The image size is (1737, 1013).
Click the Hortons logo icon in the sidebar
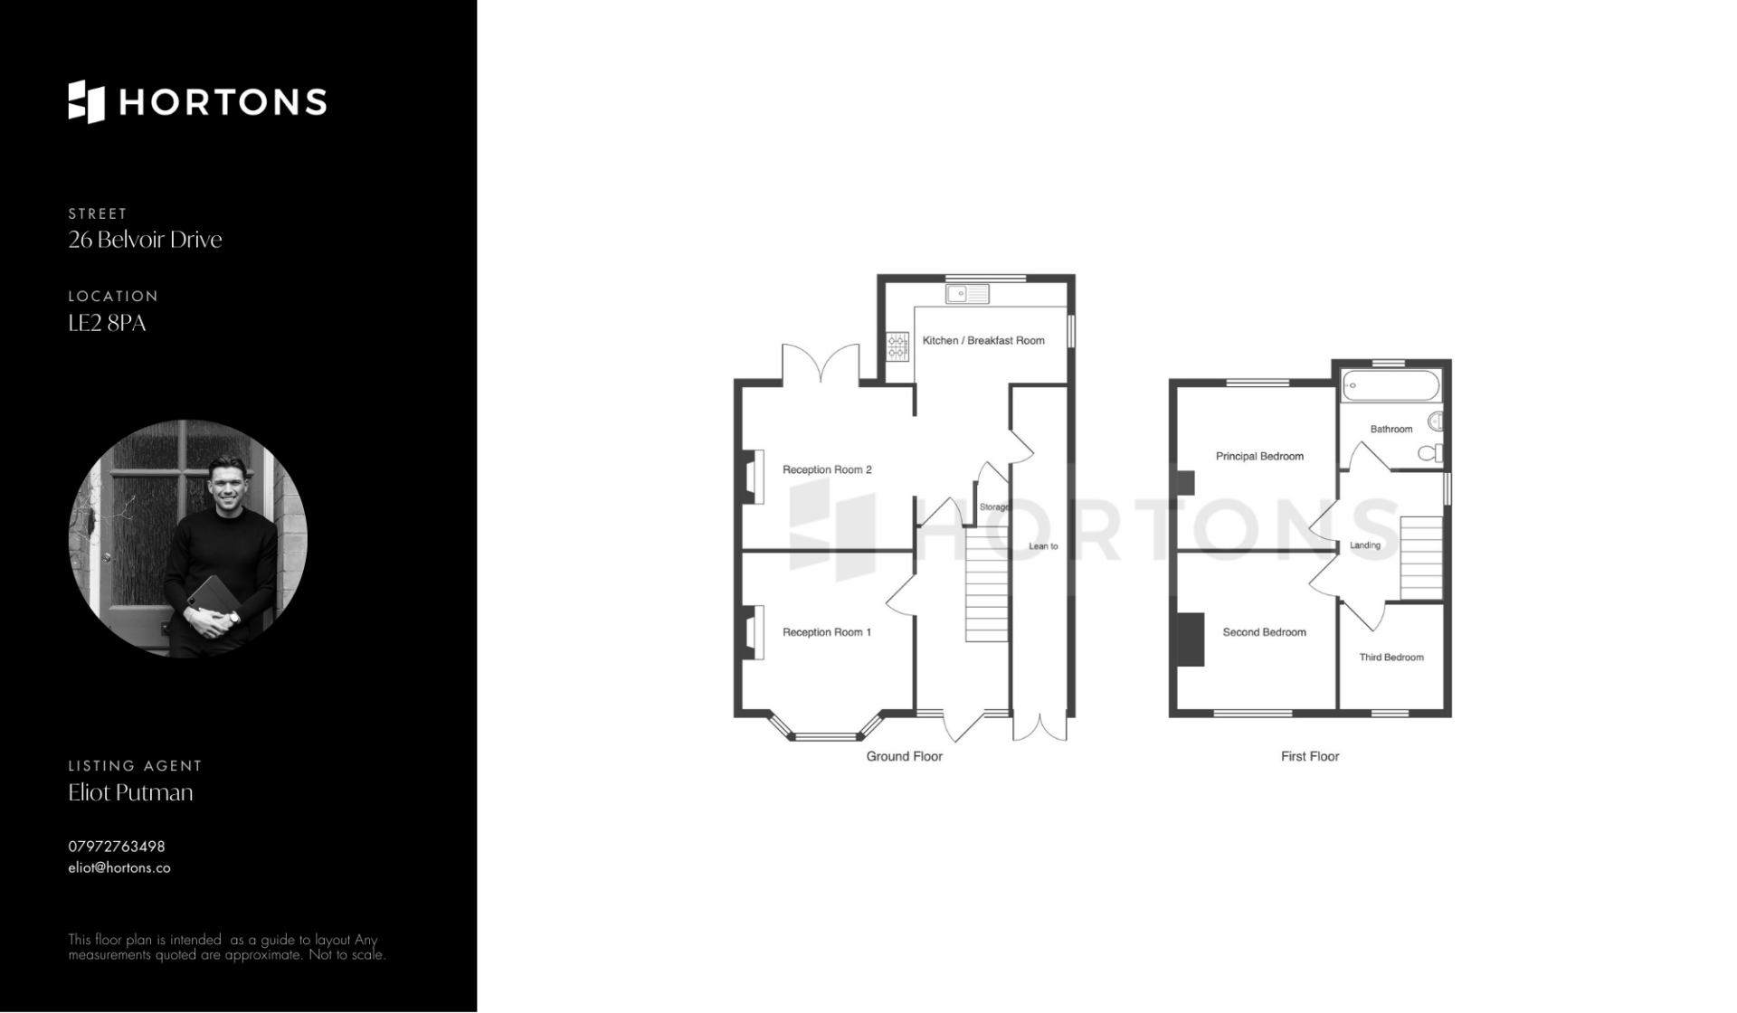click(x=87, y=101)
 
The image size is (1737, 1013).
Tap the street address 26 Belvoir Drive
click(x=145, y=240)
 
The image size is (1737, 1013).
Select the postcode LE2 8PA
click(x=107, y=323)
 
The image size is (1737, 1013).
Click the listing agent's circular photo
click(x=188, y=538)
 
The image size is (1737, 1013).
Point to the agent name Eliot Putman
click(x=130, y=792)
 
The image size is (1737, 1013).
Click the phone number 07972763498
click(x=117, y=847)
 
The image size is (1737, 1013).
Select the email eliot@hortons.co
click(x=119, y=867)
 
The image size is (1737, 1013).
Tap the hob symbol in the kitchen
click(x=897, y=346)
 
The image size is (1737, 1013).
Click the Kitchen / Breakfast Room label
click(x=983, y=341)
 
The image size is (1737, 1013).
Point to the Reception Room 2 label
click(x=827, y=469)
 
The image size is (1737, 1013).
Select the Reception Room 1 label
click(x=827, y=632)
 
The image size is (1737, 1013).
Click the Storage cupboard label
click(x=994, y=507)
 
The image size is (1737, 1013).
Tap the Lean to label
click(x=1043, y=546)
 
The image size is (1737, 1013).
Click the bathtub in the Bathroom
click(x=1391, y=385)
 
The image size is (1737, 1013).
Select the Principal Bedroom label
click(x=1259, y=457)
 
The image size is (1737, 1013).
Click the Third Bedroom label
click(x=1391, y=658)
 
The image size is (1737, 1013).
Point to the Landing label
click(x=1365, y=545)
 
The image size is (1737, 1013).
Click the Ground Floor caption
click(x=905, y=756)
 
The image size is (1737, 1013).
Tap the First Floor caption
click(x=1310, y=756)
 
